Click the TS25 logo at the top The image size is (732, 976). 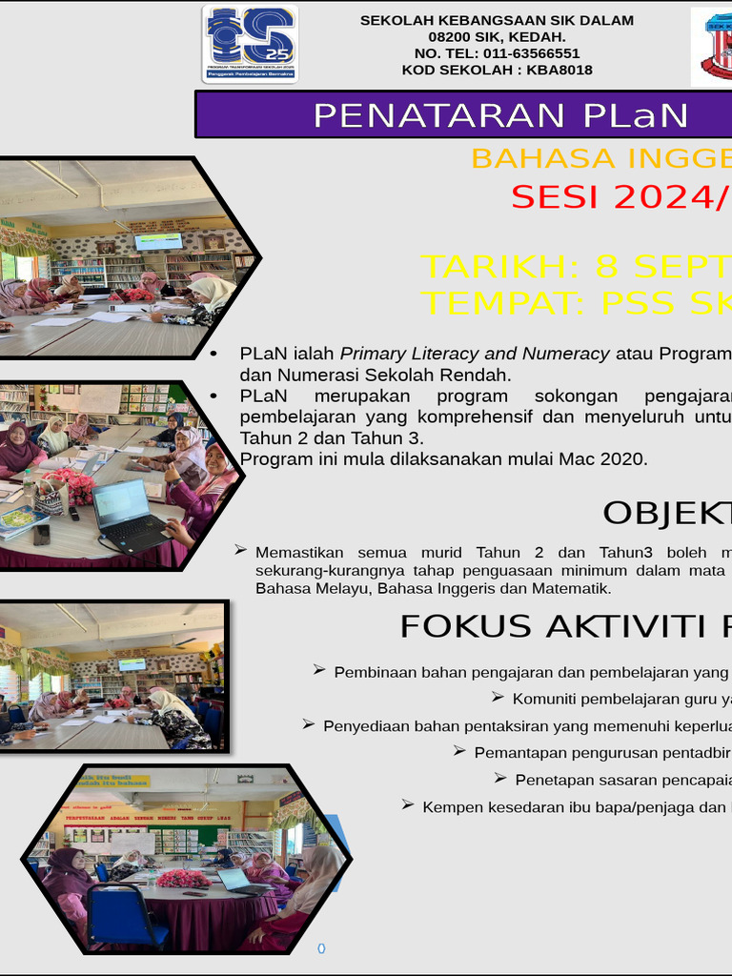point(250,43)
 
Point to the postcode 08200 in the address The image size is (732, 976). point(450,36)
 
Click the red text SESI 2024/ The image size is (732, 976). point(620,196)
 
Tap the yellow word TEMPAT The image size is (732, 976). point(504,302)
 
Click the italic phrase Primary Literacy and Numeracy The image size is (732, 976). point(475,354)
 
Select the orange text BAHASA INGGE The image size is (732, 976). point(600,158)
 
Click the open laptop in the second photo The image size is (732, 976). point(130,515)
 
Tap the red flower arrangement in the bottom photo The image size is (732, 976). point(183,878)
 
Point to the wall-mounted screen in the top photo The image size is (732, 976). point(158,241)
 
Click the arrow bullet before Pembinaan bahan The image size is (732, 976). point(319,671)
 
